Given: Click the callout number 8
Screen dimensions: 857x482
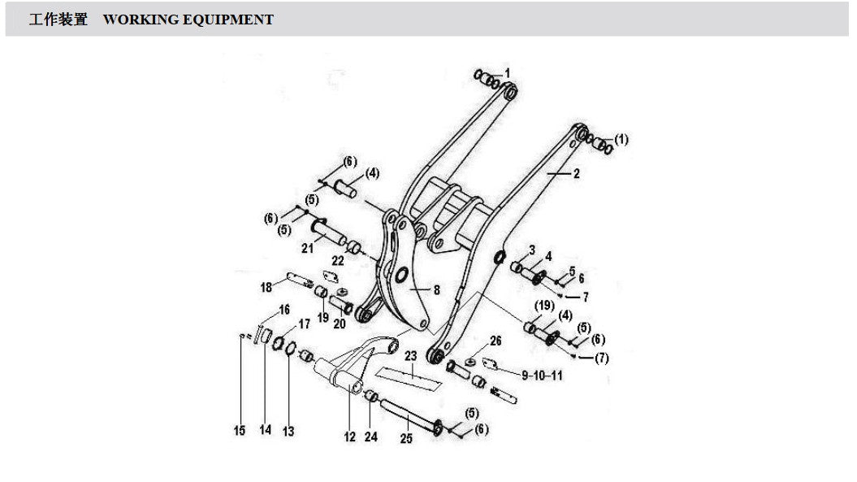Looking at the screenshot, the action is pos(437,290).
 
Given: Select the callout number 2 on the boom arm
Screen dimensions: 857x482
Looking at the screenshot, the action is pos(576,173).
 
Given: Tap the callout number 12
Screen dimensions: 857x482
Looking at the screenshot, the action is pos(350,436).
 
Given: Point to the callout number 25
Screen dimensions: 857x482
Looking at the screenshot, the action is pos(406,438).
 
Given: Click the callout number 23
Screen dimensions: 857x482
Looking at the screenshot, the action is pos(410,356).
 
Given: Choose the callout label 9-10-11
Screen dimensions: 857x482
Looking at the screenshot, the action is pos(542,376).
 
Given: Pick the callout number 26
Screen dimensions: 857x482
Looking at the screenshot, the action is pos(496,341).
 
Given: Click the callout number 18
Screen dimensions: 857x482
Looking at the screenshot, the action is pos(266,287).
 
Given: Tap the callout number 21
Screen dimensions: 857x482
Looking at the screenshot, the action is pos(308,249).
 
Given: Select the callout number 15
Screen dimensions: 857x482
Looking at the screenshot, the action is pos(240,431).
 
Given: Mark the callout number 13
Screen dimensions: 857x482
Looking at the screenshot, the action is pos(288,432).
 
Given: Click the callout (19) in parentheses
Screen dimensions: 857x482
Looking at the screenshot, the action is pos(544,306).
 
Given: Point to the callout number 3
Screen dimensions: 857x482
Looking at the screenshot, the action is pos(532,250).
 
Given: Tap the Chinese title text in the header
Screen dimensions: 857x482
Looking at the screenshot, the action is pos(58,20).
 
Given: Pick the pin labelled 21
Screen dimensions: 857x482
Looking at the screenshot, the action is pos(329,231).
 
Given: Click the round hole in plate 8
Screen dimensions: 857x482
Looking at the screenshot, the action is pos(401,275).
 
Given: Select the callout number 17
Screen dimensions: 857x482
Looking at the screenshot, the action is pos(304,324).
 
